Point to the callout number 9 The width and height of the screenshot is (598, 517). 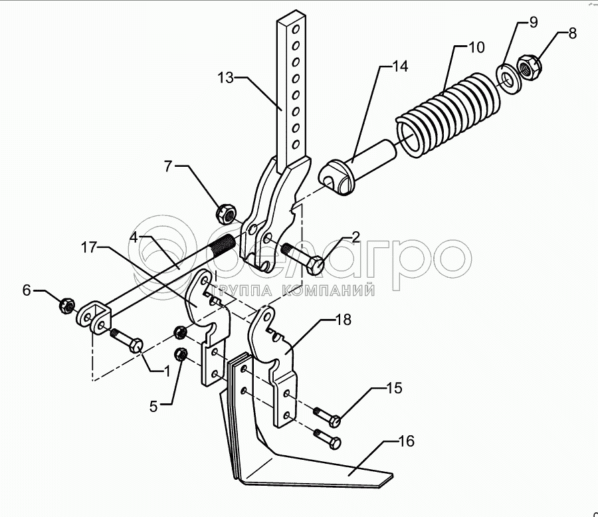pyautogui.click(x=533, y=23)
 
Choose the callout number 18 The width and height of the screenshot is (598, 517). pyautogui.click(x=343, y=320)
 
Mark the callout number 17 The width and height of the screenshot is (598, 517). pyautogui.click(x=88, y=247)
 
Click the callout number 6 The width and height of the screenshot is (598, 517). pyautogui.click(x=27, y=290)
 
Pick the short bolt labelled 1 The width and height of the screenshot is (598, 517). pyautogui.click(x=127, y=340)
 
